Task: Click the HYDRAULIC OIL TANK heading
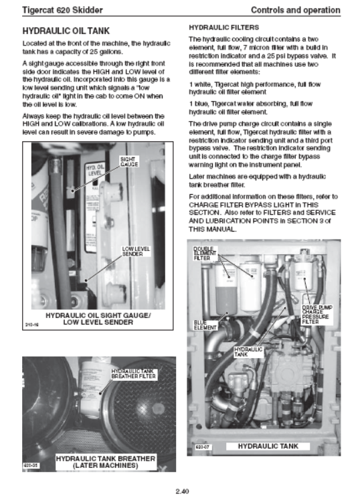(66, 31)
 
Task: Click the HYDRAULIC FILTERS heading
(224, 27)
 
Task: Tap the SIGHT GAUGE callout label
(129, 161)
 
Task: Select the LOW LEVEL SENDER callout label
(136, 252)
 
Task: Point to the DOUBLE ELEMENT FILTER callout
(205, 254)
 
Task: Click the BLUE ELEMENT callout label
(205, 325)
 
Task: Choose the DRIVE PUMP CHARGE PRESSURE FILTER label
(317, 315)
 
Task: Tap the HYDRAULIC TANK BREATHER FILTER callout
(134, 374)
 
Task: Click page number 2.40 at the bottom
(182, 491)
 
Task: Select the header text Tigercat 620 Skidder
(62, 10)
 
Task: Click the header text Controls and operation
(296, 10)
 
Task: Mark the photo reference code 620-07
(203, 447)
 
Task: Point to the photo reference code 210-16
(32, 325)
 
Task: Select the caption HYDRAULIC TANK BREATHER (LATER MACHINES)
(106, 462)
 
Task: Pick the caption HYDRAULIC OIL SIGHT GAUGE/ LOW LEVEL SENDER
(98, 319)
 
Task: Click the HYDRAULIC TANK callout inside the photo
(248, 352)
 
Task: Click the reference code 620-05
(31, 465)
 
